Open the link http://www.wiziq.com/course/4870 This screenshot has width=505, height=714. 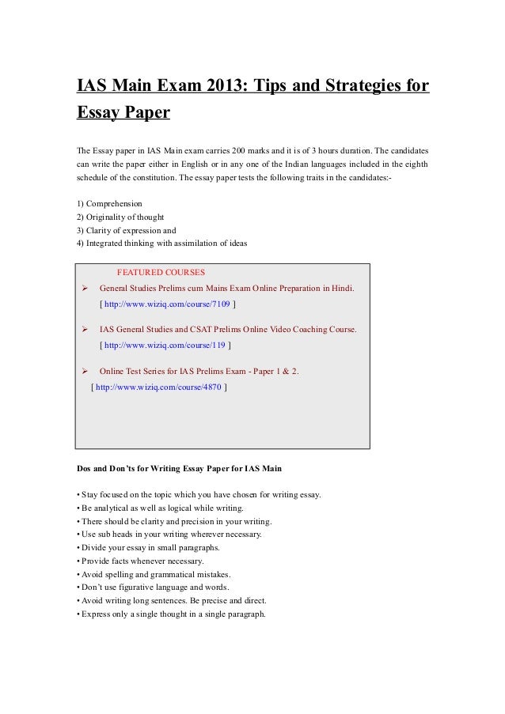pos(159,387)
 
